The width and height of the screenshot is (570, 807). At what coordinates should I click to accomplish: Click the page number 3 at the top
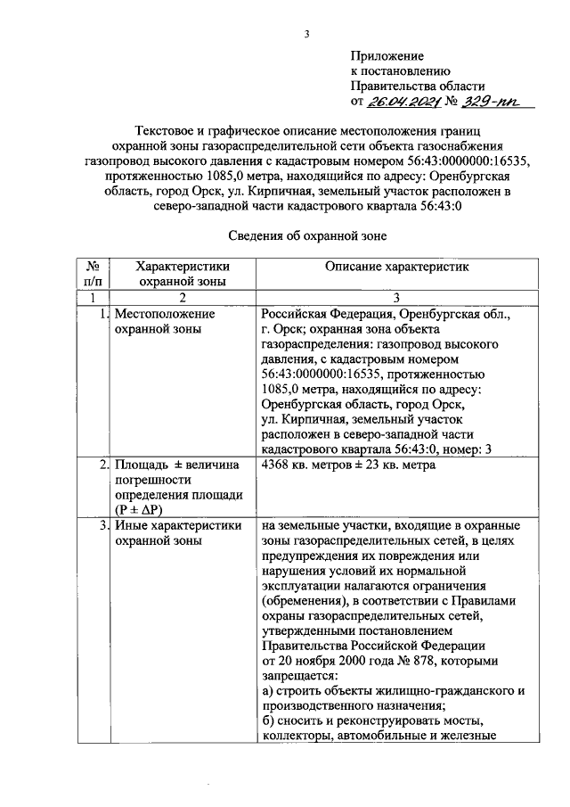306,35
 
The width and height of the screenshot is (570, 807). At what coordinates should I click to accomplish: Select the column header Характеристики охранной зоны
182,273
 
